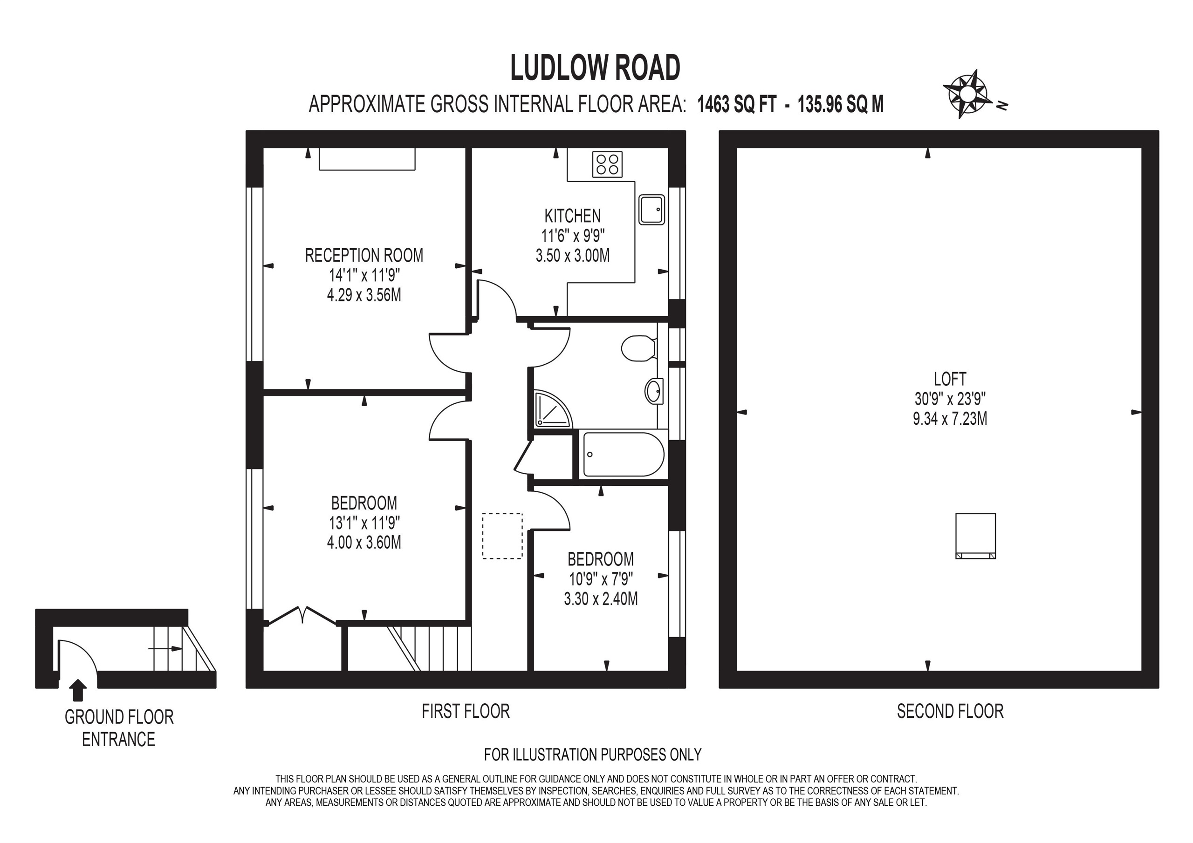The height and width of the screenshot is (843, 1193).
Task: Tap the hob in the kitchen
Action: [607, 164]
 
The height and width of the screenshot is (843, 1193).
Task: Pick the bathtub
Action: [623, 455]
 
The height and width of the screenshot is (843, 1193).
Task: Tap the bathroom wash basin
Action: [654, 391]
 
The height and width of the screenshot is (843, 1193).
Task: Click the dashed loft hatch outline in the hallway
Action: [502, 536]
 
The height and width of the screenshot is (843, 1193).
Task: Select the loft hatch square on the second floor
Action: [975, 536]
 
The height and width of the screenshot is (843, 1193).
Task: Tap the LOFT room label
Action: [950, 379]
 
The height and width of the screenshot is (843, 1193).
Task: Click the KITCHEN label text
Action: [572, 216]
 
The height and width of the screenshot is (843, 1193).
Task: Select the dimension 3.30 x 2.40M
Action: [601, 599]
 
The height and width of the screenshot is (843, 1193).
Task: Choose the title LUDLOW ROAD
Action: [595, 68]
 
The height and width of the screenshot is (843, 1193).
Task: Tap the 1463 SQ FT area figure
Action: [736, 105]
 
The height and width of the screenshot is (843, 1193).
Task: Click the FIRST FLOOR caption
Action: [466, 711]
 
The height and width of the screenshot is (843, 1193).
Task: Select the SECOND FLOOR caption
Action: [950, 711]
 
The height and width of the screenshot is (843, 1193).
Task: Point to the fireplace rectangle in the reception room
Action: [367, 159]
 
